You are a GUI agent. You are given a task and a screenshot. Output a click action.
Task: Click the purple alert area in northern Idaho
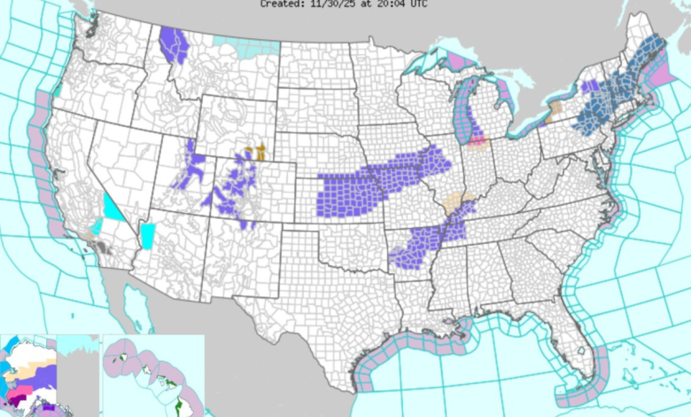pyautogui.click(x=176, y=45)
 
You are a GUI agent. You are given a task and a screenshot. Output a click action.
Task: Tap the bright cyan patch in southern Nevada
pyautogui.click(x=113, y=209)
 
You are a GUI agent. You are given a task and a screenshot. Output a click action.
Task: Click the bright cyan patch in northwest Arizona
pyautogui.click(x=147, y=236)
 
